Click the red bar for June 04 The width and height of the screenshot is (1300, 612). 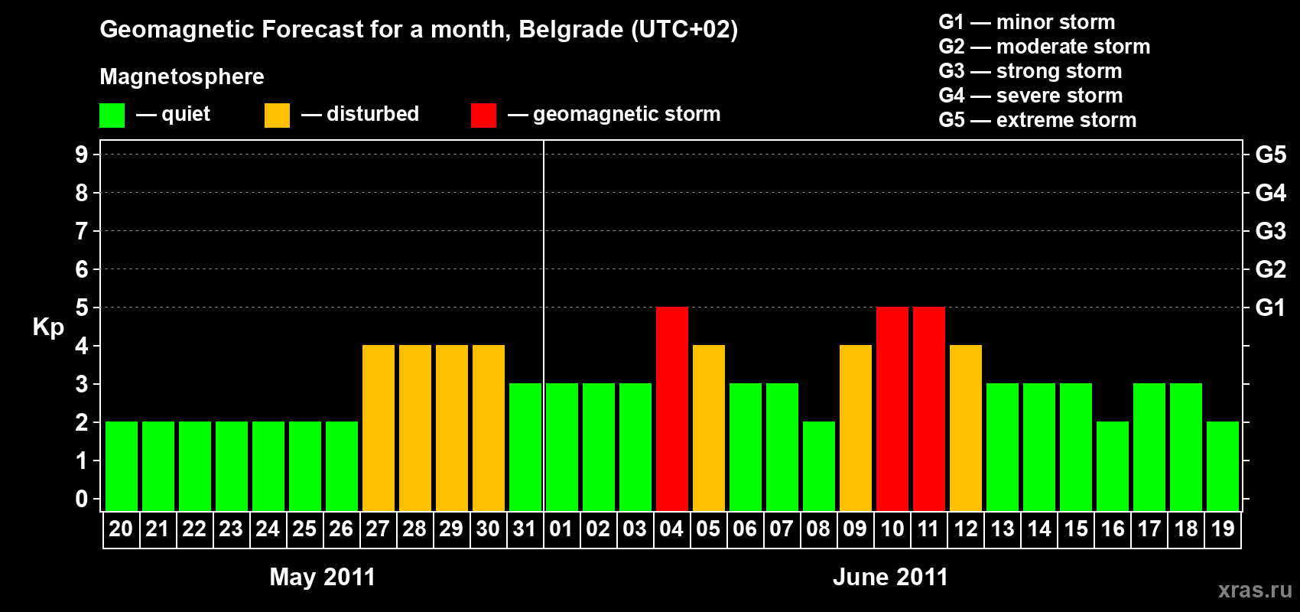(x=672, y=409)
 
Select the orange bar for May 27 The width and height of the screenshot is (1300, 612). (x=379, y=428)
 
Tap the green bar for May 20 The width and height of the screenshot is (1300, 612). (x=122, y=466)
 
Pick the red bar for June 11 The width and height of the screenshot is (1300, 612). (x=929, y=409)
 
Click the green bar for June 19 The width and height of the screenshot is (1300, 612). (x=1223, y=466)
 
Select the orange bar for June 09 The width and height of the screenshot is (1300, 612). (x=856, y=428)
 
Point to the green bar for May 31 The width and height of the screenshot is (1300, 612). (x=525, y=447)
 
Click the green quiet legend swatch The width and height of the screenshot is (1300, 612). (x=112, y=116)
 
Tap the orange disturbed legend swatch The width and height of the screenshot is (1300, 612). (x=277, y=116)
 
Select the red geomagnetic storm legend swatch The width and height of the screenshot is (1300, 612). (x=483, y=116)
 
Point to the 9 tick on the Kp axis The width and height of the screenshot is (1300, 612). (x=82, y=155)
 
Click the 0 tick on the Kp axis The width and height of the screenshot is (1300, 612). (x=82, y=499)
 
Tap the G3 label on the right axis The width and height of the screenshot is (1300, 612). (x=1270, y=231)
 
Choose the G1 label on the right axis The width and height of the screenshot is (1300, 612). (x=1270, y=308)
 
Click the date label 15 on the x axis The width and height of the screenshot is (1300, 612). (x=1076, y=529)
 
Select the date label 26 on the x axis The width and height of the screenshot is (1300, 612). (x=341, y=529)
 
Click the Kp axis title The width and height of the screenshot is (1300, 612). (x=48, y=327)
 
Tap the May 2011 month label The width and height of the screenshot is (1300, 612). (x=323, y=577)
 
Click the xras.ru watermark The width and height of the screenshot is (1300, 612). (x=1255, y=590)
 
